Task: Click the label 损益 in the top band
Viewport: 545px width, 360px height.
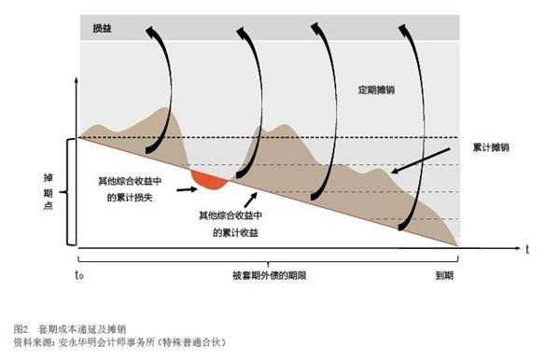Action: pyautogui.click(x=101, y=29)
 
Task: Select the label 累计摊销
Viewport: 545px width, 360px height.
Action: pyautogui.click(x=492, y=147)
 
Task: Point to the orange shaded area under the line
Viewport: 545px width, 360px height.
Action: pyautogui.click(x=207, y=177)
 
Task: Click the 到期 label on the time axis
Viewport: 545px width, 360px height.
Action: pyautogui.click(x=446, y=276)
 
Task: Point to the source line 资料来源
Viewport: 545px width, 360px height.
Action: pyautogui.click(x=119, y=342)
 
